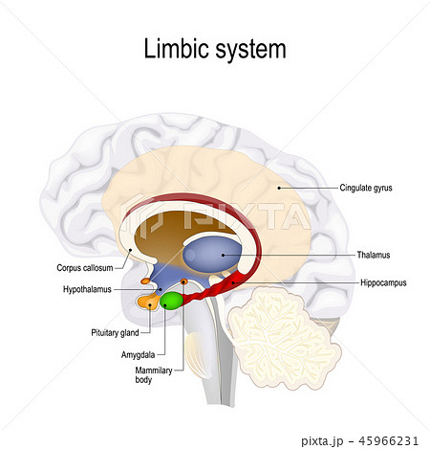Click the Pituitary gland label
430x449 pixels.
(x=116, y=332)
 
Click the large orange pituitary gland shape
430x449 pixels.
(x=148, y=303)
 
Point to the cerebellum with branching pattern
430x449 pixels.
(x=282, y=335)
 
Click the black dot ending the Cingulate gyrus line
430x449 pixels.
(x=278, y=189)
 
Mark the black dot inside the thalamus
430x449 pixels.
(x=226, y=256)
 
